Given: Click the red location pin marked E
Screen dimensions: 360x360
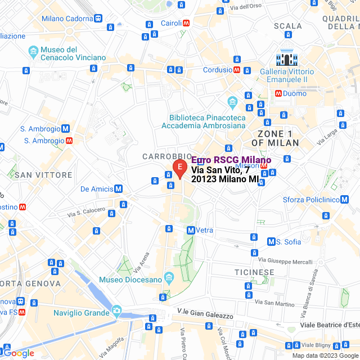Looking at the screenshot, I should click(179, 168).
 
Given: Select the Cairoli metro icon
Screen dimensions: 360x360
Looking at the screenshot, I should click(186, 23).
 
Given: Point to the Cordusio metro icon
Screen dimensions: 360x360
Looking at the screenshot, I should click(237, 70).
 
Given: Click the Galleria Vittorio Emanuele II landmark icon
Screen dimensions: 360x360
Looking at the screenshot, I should click(287, 58).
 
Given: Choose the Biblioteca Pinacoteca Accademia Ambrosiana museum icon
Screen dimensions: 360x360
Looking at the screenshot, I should click(232, 103).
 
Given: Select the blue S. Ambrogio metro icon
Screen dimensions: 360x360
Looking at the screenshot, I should click(66, 128).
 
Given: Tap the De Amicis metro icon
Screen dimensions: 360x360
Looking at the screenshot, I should click(119, 189).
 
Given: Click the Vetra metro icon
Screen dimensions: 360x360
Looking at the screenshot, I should click(191, 230).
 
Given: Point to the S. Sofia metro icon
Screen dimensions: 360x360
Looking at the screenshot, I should click(271, 242).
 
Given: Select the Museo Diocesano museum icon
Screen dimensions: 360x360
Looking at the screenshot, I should click(168, 279).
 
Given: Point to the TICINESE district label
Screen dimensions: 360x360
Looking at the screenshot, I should click(254, 272).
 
